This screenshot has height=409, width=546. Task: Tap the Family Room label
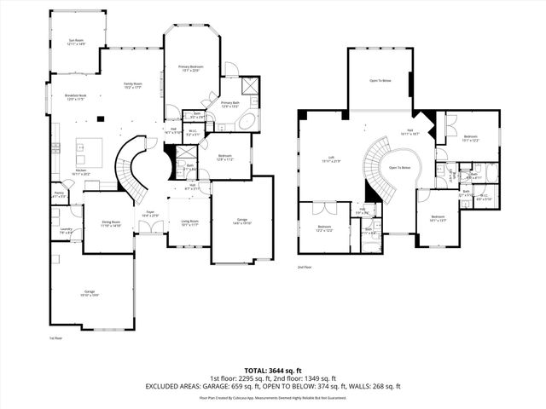pyautogui.click(x=133, y=84)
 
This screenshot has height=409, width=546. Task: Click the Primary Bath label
pyautogui.click(x=230, y=104)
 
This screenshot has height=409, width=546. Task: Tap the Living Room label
pyautogui.click(x=189, y=223)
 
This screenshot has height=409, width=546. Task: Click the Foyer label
pyautogui.click(x=149, y=214)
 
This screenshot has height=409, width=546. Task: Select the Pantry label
pyautogui.click(x=59, y=195)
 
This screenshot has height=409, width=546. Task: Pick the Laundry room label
pyautogui.click(x=66, y=230)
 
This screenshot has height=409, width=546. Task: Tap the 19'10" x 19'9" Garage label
pyautogui.click(x=90, y=293)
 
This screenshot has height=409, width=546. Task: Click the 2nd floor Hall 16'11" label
pyautogui.click(x=409, y=132)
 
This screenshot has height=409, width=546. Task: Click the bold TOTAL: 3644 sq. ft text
pyautogui.click(x=272, y=369)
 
